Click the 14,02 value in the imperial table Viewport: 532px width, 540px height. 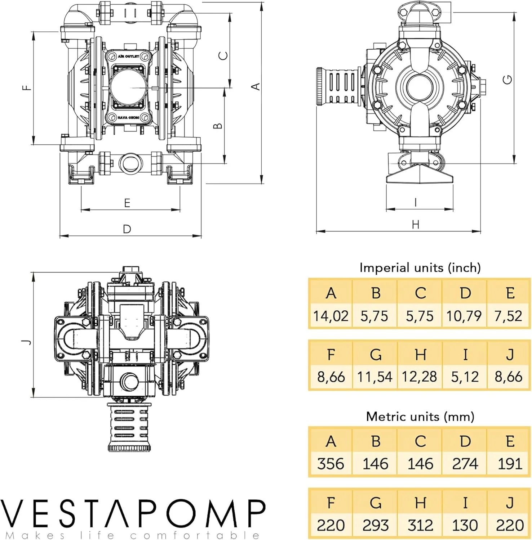[331, 316]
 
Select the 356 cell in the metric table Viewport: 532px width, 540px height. [331, 464]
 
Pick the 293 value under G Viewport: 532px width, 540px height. [375, 525]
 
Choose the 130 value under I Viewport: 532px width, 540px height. [465, 525]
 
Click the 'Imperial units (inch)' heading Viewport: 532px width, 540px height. [420, 268]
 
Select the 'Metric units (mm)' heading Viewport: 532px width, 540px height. [420, 417]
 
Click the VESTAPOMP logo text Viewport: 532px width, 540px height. [133, 514]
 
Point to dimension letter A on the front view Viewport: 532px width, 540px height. [256, 86]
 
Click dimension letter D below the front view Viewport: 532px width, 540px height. [127, 229]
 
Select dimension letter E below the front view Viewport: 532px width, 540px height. [127, 203]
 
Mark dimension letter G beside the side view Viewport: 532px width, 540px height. [507, 79]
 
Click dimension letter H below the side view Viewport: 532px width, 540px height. [416, 225]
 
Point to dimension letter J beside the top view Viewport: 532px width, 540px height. [27, 342]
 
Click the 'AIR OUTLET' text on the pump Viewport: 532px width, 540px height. [128, 57]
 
